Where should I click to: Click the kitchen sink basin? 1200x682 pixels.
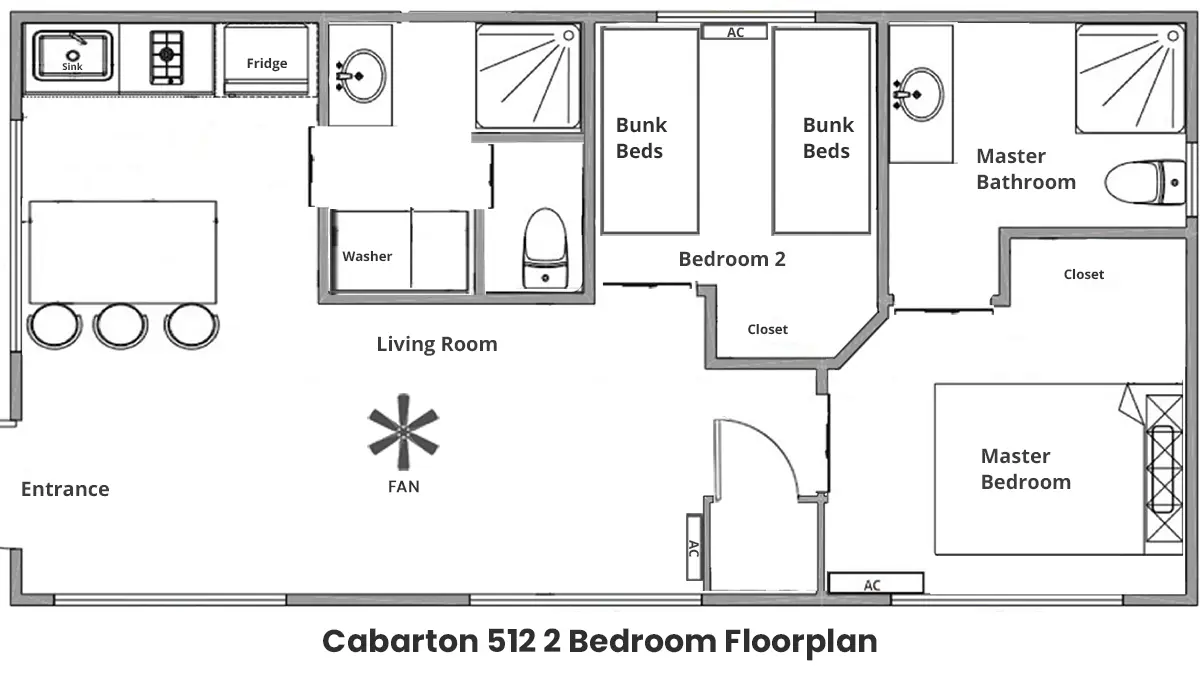click(72, 55)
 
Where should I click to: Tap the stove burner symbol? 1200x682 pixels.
click(167, 57)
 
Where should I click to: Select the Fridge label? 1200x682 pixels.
click(267, 63)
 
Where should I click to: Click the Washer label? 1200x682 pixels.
click(367, 256)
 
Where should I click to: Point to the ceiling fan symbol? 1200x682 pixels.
click(403, 432)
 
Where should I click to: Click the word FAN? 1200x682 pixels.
click(403, 486)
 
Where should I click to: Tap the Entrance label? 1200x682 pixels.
click(65, 489)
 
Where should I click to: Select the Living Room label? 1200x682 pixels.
click(437, 344)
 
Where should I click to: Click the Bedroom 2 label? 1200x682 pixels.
click(732, 259)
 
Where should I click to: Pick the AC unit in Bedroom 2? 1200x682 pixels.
click(734, 32)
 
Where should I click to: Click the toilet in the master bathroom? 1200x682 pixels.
click(1145, 182)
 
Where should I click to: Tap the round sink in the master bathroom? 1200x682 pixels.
click(920, 94)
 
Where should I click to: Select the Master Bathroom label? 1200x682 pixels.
click(1026, 169)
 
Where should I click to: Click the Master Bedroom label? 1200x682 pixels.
click(1025, 469)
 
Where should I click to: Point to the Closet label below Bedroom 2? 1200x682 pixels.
click(767, 329)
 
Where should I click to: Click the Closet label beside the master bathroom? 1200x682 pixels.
click(1083, 274)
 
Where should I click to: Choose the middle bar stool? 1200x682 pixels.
click(120, 326)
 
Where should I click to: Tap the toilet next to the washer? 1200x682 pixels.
click(545, 249)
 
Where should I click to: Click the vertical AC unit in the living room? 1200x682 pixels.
click(694, 547)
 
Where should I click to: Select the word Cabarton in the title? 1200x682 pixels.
click(400, 641)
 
